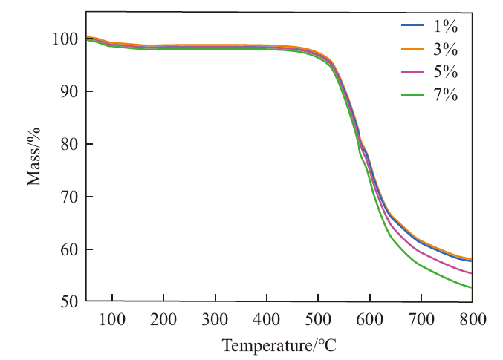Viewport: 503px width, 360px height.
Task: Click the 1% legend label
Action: pos(446,26)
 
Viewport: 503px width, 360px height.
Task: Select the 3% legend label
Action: pos(446,49)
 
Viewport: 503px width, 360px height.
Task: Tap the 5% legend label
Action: pos(446,71)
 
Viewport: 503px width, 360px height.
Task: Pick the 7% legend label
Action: pos(446,95)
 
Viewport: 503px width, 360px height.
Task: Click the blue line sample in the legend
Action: pos(412,24)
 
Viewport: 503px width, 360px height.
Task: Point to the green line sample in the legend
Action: pos(412,95)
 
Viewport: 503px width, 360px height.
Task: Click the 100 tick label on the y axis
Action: pos(65,39)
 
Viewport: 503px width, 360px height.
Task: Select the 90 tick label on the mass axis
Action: pos(69,92)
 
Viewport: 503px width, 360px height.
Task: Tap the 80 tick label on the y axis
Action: pos(69,144)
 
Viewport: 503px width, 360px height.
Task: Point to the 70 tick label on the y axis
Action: pos(69,197)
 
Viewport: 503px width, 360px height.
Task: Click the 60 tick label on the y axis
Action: pos(69,249)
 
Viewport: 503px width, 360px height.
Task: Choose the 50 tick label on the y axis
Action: pos(69,301)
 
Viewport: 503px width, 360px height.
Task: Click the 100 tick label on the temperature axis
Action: pos(112,319)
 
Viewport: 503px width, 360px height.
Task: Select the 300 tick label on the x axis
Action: pos(215,319)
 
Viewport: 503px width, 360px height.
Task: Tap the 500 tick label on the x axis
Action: pos(318,319)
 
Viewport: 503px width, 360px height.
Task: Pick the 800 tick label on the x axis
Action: pos(473,319)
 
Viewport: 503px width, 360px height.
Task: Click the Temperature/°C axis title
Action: pos(279,346)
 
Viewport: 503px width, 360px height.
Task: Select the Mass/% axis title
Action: pos(33,157)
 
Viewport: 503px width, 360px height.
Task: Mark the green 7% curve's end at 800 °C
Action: pos(472,287)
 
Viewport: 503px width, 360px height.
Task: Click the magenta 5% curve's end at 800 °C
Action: pos(472,273)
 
